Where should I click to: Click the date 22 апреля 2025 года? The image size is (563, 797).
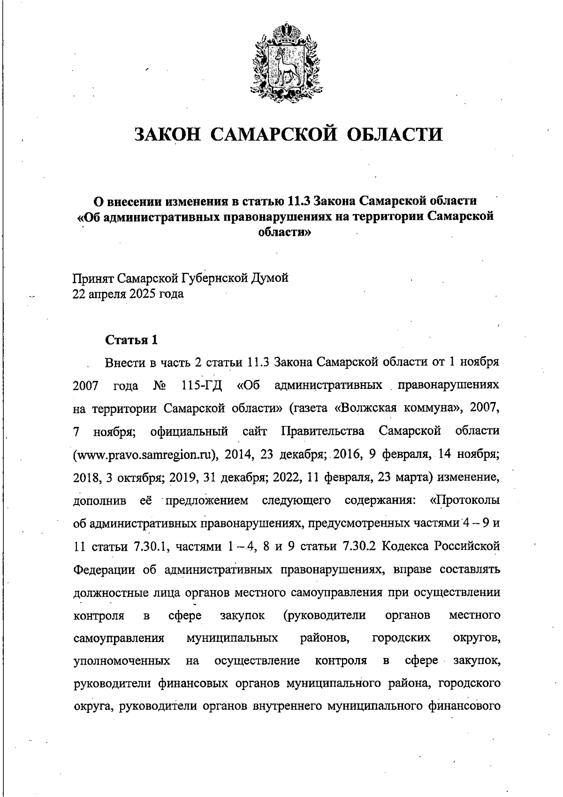pos(128,294)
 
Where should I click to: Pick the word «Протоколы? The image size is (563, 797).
pos(464,500)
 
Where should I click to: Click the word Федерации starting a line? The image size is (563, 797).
pos(105,570)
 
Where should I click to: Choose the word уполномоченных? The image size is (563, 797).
pos(122,661)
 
